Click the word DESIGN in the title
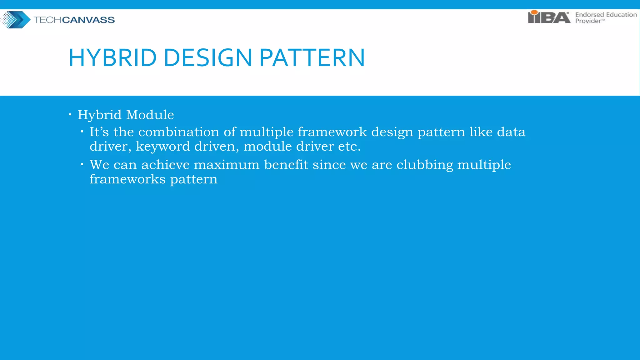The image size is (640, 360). click(x=208, y=58)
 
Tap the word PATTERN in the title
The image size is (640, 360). click(x=312, y=58)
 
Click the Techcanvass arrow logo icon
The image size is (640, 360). click(x=16, y=20)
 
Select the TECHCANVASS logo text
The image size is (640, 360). click(x=74, y=20)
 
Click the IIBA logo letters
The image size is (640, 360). click(x=549, y=17)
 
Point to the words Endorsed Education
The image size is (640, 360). click(x=606, y=15)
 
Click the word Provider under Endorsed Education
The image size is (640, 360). click(x=588, y=21)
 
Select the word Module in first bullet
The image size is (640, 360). click(x=150, y=115)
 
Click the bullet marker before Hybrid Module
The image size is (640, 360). click(x=70, y=115)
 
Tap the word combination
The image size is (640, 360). click(x=179, y=132)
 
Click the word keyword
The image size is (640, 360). click(x=163, y=146)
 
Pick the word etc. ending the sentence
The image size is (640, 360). click(x=349, y=146)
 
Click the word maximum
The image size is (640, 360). click(x=227, y=165)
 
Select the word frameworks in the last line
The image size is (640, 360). click(x=127, y=179)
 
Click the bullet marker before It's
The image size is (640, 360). click(x=82, y=132)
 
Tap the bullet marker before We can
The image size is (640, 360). click(x=82, y=164)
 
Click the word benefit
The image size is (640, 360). click(x=286, y=165)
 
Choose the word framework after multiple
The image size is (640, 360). click(x=332, y=132)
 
